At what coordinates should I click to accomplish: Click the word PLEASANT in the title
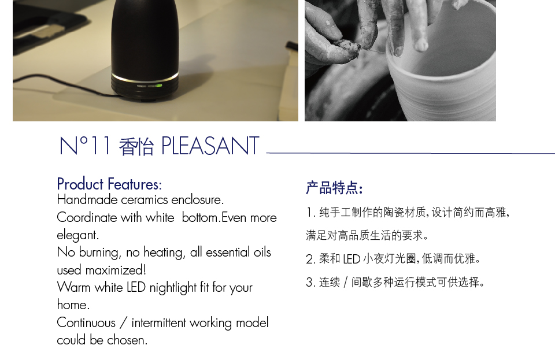point(210,147)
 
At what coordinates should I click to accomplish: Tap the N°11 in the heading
point(84,147)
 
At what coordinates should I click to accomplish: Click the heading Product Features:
point(109,184)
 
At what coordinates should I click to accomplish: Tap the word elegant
point(77,236)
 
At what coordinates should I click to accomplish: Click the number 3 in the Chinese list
point(309,283)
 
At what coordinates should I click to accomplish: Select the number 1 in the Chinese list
point(309,213)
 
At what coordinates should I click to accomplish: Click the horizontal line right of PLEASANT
point(410,153)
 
